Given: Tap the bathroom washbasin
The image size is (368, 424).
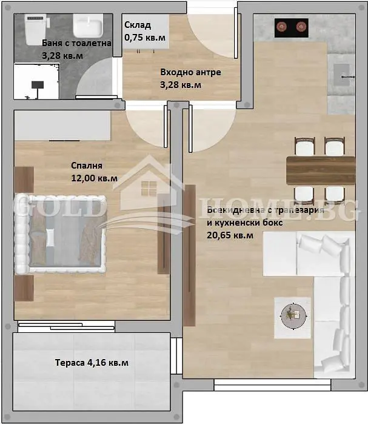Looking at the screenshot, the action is click(x=88, y=25).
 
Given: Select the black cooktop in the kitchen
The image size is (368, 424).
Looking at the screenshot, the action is click(x=292, y=28).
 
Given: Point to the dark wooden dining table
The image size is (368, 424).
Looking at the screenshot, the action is click(x=321, y=170).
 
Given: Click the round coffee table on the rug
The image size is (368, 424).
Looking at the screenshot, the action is click(x=293, y=316).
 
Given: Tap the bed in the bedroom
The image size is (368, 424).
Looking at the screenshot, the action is click(x=60, y=234).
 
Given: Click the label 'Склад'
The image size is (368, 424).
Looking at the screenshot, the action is click(x=138, y=25).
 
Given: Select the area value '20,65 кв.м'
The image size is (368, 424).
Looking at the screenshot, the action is click(x=230, y=235).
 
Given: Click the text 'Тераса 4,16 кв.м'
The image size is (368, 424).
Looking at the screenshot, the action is click(x=92, y=362).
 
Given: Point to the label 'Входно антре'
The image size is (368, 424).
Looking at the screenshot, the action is click(x=190, y=72).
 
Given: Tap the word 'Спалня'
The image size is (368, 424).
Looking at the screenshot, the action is click(x=87, y=166).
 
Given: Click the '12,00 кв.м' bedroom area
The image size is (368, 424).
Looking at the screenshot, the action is click(x=95, y=178).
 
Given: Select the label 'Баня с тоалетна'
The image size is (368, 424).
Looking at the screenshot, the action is click(x=77, y=43).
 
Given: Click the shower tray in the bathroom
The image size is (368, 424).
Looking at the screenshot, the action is click(x=36, y=81).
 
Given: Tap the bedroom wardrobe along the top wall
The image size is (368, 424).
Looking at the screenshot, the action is click(x=62, y=126).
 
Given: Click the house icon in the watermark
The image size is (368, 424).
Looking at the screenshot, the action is click(x=149, y=184).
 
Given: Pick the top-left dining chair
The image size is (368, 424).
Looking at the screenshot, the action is click(x=305, y=146).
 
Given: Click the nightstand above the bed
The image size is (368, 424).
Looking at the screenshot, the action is click(x=24, y=180).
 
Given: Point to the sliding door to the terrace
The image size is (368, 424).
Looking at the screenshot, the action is click(x=67, y=326).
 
